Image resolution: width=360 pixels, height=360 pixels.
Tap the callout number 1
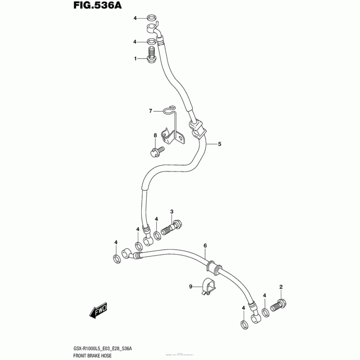click(x=135, y=58)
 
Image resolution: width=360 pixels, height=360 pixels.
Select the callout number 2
click(x=281, y=287)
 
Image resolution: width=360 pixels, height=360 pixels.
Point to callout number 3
click(x=171, y=212)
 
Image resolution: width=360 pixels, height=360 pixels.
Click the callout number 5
click(x=220, y=144)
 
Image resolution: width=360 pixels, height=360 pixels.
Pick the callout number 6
click(x=205, y=246)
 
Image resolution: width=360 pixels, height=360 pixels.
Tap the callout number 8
click(x=155, y=135)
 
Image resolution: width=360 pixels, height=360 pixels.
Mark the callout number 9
click(x=190, y=287)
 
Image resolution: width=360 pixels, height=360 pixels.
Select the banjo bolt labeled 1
click(x=152, y=58)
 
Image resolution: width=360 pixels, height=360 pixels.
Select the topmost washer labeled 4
click(x=153, y=18)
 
